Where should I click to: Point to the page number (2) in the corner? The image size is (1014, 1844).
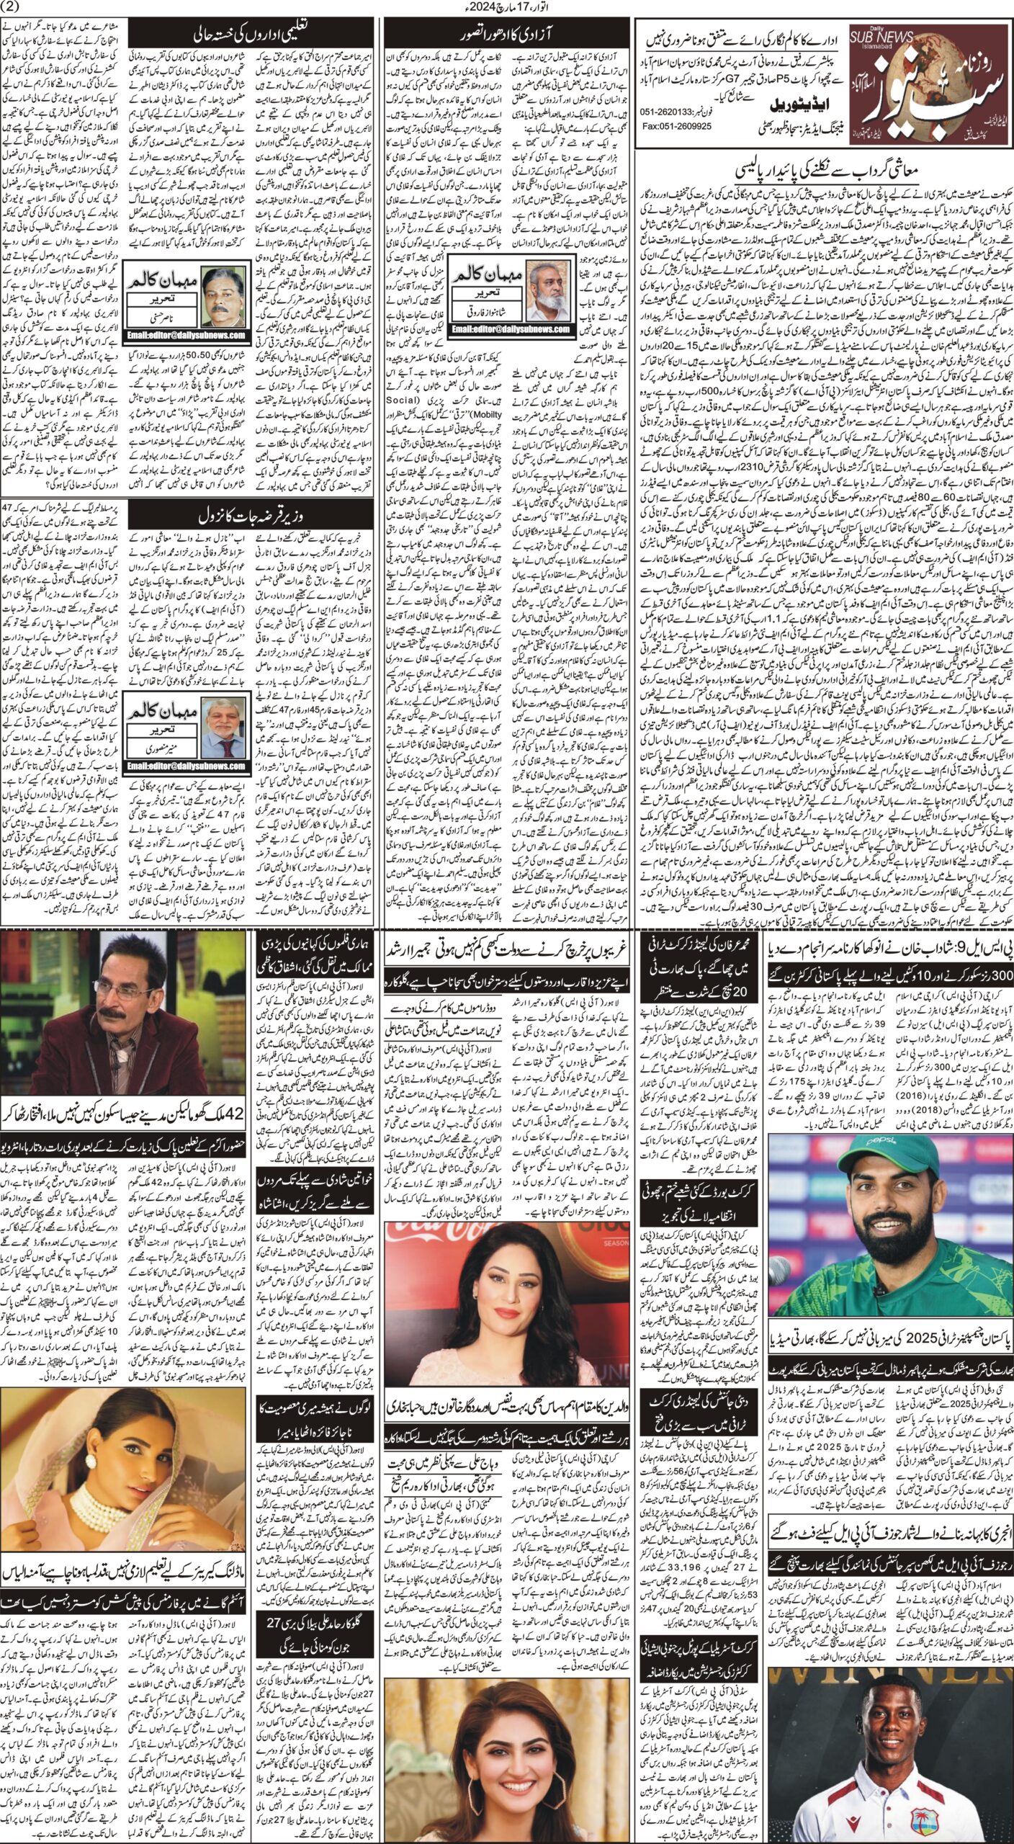tap(14, 8)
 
